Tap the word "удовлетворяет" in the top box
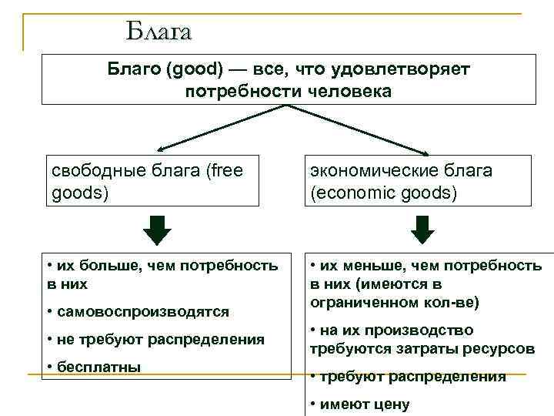click(399, 69)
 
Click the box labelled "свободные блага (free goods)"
click(152, 180)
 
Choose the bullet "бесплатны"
click(97, 366)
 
